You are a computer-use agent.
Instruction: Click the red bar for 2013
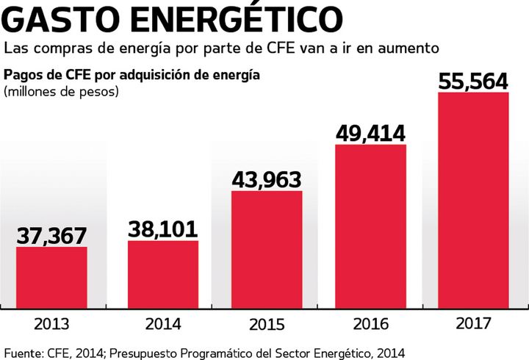51,278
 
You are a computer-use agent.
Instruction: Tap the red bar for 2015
267,250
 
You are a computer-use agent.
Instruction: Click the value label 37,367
51,236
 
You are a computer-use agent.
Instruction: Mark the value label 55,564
473,81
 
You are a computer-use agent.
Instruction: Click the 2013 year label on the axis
51,324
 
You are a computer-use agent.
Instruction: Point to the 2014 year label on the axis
163,324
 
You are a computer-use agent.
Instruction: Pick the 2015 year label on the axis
267,324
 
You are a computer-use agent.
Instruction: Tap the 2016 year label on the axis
370,324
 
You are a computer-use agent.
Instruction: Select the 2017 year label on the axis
473,324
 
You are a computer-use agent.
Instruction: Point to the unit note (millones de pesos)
61,92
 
